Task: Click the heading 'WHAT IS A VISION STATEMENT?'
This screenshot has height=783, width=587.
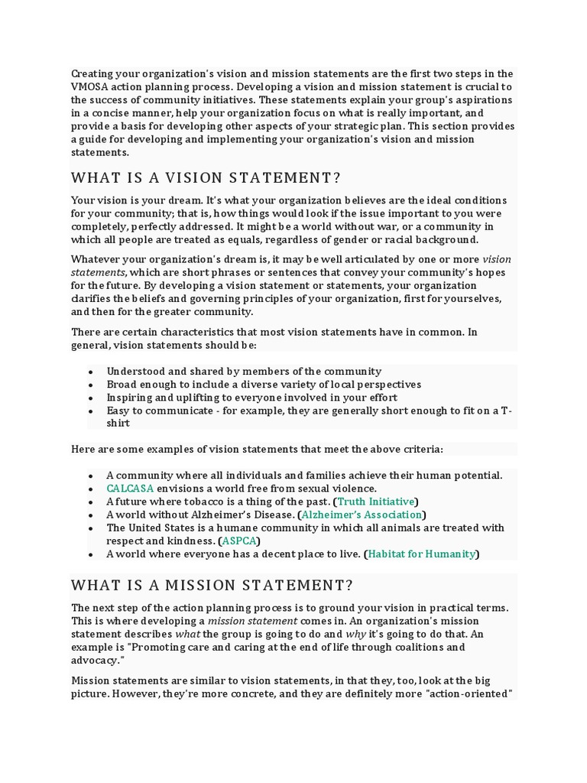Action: (206, 178)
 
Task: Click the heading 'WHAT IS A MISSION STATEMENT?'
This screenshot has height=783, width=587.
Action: (212, 586)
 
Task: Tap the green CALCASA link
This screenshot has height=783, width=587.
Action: (130, 489)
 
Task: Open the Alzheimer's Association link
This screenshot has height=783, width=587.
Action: (362, 515)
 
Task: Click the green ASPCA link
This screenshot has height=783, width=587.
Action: (238, 541)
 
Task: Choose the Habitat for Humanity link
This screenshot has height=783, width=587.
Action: (421, 554)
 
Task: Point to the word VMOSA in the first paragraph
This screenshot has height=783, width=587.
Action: (90, 87)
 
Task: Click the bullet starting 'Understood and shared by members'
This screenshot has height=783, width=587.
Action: (244, 372)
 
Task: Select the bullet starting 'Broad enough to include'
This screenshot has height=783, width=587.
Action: (264, 385)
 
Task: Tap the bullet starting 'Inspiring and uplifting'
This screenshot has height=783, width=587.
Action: (251, 398)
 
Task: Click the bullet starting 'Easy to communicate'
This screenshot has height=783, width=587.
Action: (309, 411)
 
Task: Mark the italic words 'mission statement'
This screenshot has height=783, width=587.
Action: (243, 621)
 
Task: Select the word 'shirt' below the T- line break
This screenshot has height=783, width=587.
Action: (118, 423)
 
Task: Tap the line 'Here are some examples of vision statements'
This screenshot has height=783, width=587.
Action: (257, 449)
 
